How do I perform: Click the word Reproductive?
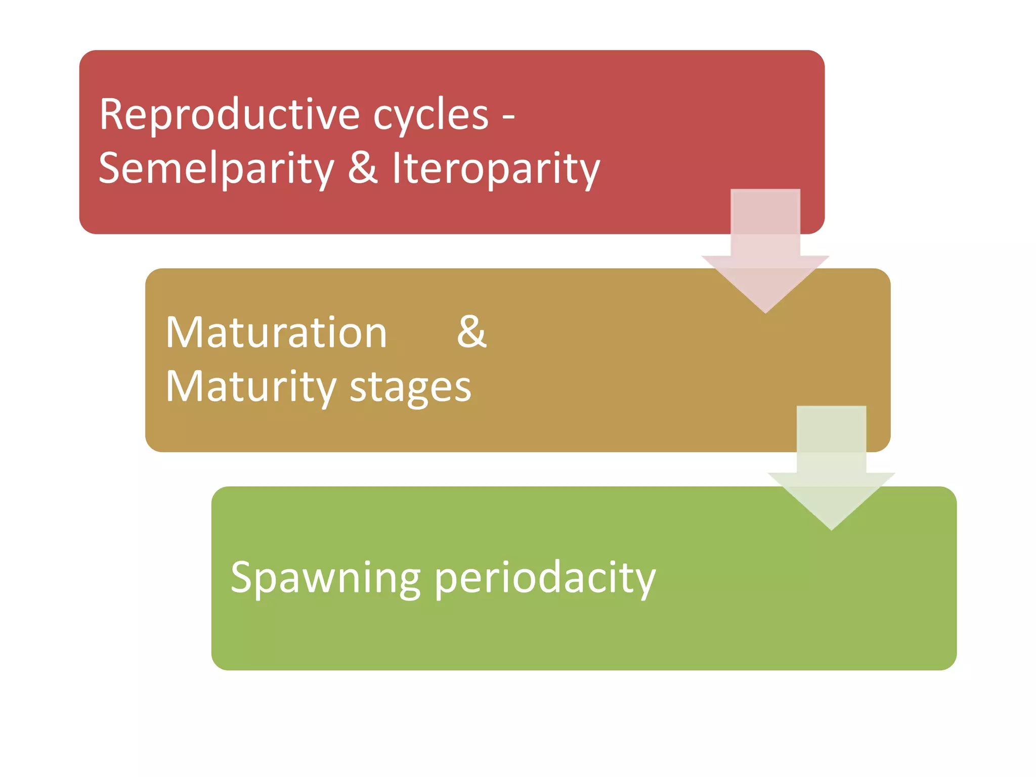[x=229, y=115]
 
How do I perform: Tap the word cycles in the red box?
[x=430, y=115]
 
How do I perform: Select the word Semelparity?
[x=217, y=169]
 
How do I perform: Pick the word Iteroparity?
[x=496, y=169]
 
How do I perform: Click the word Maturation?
[x=276, y=333]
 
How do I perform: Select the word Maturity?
[x=251, y=387]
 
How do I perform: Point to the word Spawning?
[x=325, y=578]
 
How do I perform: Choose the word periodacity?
[x=544, y=578]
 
